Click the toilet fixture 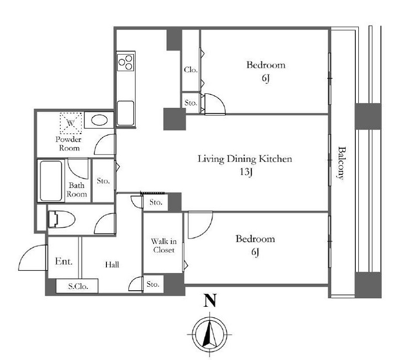[61, 219]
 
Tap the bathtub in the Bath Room [51, 181]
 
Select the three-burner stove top [125, 62]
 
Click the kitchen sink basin [125, 113]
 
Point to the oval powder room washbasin [99, 120]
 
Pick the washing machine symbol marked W [71, 123]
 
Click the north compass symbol [209, 334]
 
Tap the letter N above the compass [209, 300]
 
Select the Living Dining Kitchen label [245, 159]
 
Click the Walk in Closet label [164, 246]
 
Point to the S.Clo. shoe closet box [77, 286]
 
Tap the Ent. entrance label [64, 261]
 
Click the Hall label [112, 265]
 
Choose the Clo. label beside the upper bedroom [191, 70]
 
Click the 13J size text [246, 172]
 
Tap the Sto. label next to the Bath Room [103, 181]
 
